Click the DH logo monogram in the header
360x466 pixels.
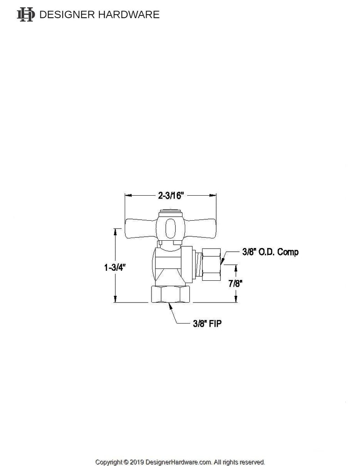pyautogui.click(x=25, y=15)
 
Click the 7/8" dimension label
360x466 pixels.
pyautogui.click(x=235, y=283)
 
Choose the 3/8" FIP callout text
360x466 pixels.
pyautogui.click(x=206, y=324)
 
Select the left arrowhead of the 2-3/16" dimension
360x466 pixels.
pyautogui.click(x=127, y=196)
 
